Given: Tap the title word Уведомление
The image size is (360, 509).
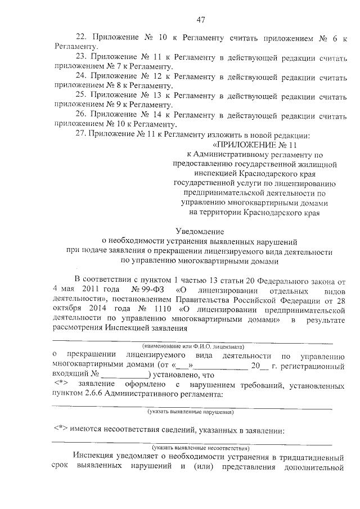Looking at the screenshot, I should (x=200, y=231).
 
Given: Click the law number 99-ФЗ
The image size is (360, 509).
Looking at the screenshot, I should (x=143, y=289).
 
